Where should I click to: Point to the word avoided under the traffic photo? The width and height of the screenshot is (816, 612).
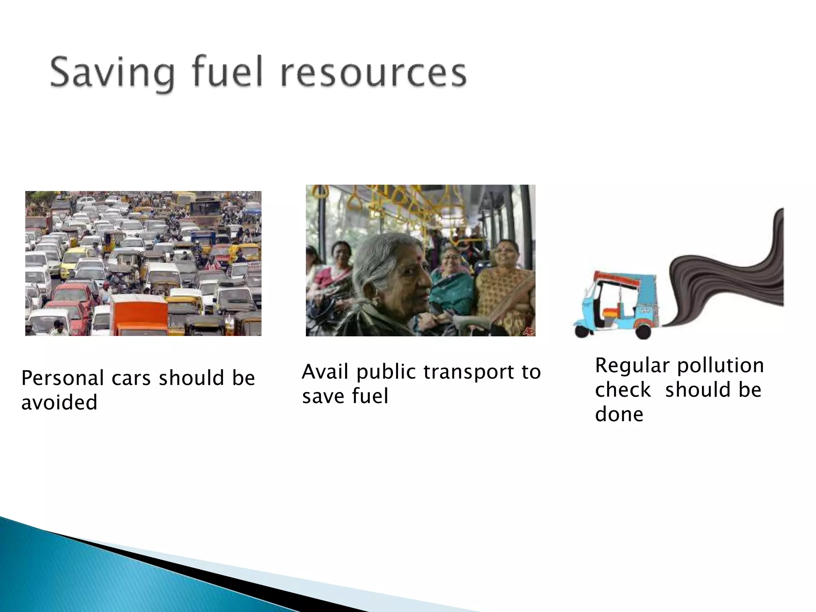(59, 402)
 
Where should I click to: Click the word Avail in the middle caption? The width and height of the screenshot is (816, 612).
(325, 372)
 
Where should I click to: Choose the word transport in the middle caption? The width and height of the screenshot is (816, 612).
(467, 373)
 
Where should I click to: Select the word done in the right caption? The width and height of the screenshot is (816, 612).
(619, 415)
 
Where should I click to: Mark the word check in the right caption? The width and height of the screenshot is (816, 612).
(623, 390)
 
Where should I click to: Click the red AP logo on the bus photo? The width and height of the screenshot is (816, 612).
(529, 331)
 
